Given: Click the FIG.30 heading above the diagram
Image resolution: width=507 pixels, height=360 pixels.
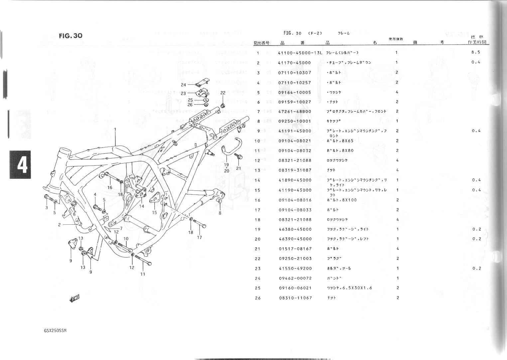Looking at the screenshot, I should (x=70, y=36).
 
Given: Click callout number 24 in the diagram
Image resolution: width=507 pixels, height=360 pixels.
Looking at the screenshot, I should (x=184, y=85).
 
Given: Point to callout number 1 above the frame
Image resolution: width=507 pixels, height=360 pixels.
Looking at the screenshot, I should (x=115, y=129).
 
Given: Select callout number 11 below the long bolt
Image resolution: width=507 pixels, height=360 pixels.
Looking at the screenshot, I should (x=143, y=274).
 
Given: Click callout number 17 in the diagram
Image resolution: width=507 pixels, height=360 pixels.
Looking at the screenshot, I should (x=199, y=237).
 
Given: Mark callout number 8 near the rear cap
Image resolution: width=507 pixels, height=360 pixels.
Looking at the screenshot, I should (x=220, y=213).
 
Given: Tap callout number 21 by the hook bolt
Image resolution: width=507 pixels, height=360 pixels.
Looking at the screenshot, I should (x=238, y=168).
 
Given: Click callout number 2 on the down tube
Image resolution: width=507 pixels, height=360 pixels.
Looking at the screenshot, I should (x=59, y=225).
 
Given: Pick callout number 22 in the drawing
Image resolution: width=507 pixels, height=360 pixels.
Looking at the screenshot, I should (x=223, y=93).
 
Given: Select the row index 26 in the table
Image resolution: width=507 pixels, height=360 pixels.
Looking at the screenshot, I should (x=258, y=298).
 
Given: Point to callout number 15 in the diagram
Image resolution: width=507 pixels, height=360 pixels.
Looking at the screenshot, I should (x=154, y=212).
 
